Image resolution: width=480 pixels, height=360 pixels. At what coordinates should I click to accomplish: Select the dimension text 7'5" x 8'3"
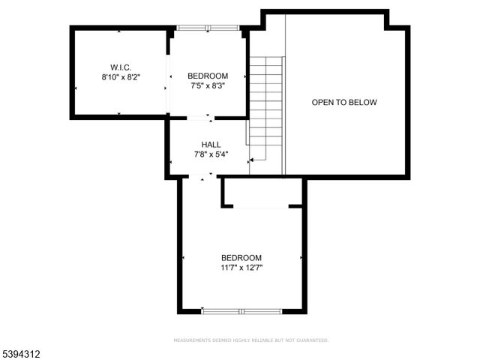tap(207, 85)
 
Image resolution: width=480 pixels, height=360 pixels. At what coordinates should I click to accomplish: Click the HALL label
tap(211, 144)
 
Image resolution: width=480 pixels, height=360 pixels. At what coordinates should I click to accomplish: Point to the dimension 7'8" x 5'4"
tap(211, 154)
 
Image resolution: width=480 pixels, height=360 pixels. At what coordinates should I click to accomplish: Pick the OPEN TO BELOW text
tap(344, 102)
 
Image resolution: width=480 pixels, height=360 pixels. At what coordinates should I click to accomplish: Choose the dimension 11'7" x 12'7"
tap(241, 267)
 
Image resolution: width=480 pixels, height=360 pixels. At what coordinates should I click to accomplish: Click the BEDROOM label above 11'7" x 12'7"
tap(241, 256)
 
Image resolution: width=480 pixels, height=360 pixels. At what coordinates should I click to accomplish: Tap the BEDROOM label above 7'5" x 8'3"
tap(207, 75)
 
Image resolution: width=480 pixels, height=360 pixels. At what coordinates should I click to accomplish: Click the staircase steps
tap(266, 105)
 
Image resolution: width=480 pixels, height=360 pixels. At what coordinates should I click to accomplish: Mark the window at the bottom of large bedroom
tap(241, 310)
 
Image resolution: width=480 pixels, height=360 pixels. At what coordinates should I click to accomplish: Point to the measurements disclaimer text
tap(251, 340)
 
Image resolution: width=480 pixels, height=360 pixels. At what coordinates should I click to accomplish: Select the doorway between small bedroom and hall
tap(200, 118)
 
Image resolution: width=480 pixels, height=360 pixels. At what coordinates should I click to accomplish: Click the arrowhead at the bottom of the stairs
tap(252, 159)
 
